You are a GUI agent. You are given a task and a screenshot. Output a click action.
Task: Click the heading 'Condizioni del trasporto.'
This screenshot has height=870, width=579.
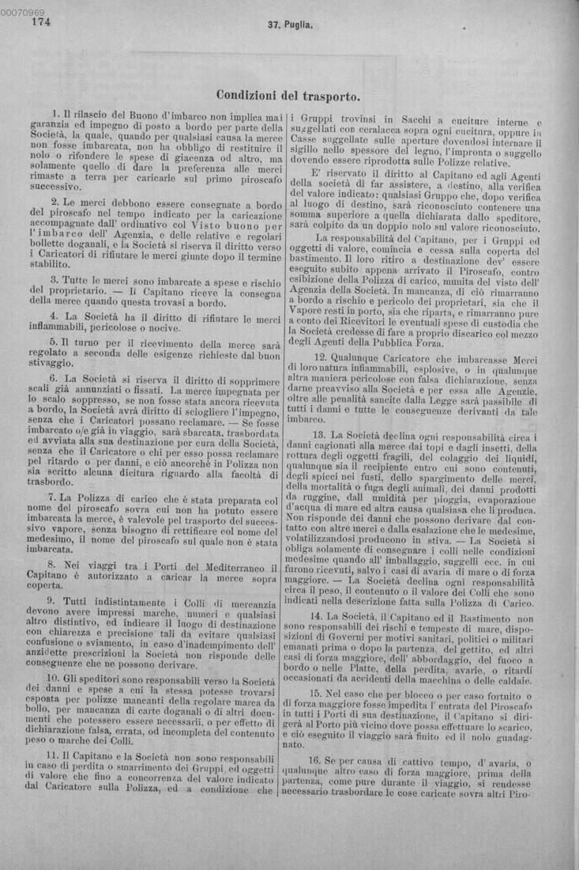click(x=288, y=96)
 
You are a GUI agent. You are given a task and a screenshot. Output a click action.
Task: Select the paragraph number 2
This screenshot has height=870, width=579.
click(x=54, y=203)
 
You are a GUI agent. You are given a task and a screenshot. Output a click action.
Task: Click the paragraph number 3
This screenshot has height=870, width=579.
click(x=54, y=279)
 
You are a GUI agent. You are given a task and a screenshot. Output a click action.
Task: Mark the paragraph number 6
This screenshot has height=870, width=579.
click(x=53, y=379)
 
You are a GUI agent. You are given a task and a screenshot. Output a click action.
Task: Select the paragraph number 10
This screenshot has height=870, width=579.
click(x=52, y=678)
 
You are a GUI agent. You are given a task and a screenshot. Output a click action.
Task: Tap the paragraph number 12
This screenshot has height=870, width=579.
click(x=318, y=357)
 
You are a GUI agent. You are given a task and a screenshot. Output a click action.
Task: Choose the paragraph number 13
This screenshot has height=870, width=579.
click(x=318, y=435)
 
